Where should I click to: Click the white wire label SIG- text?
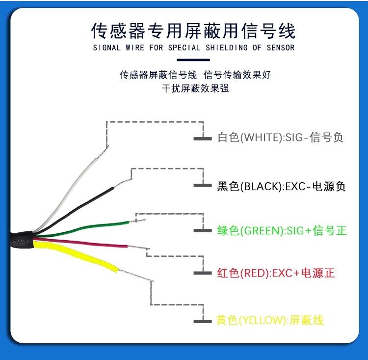click(x=280, y=137)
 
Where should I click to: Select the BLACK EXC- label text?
click(x=281, y=186)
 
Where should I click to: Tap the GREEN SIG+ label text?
click(x=282, y=230)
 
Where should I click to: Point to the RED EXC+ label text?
click(x=276, y=273)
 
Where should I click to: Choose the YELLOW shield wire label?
click(x=270, y=320)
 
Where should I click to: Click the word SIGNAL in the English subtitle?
click(x=107, y=48)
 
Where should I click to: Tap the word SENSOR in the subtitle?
click(x=281, y=48)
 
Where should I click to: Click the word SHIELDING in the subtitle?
click(x=227, y=48)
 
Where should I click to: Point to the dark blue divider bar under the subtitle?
click(x=193, y=60)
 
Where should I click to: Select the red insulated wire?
click(x=80, y=242)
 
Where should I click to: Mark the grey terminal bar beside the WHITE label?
click(x=203, y=138)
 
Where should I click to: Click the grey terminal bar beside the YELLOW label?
click(x=203, y=322)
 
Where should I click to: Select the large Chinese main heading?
click(x=193, y=31)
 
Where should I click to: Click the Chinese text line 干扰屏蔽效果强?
click(x=195, y=88)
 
